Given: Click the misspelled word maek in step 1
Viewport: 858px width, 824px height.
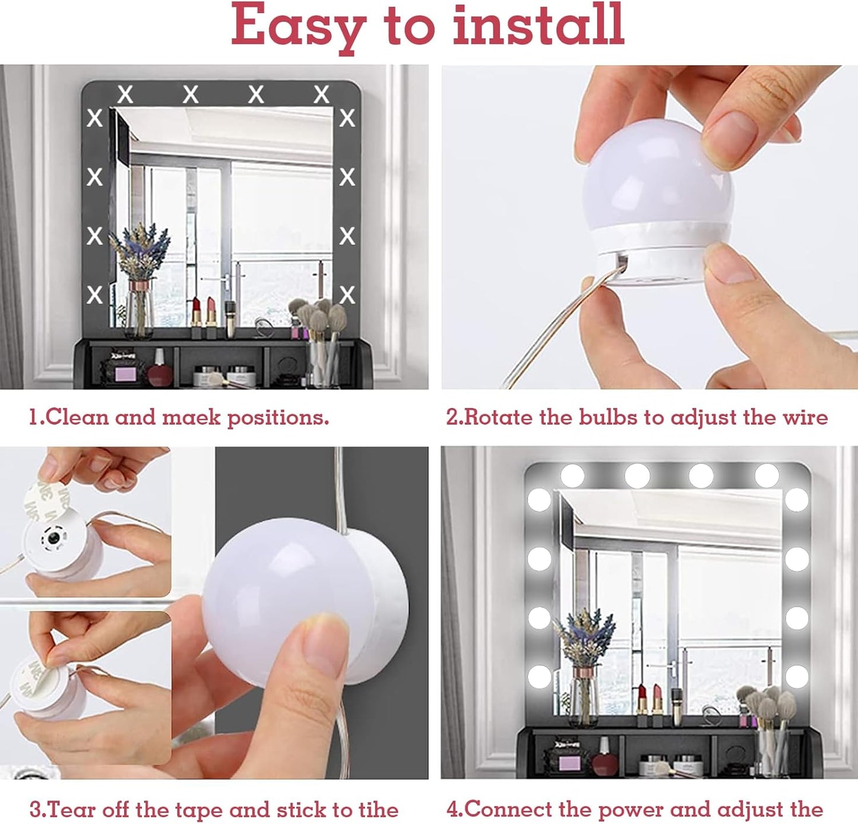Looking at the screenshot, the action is coord(191,417).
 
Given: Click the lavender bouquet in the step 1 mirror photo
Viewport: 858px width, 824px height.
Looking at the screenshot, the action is coord(140,251).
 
